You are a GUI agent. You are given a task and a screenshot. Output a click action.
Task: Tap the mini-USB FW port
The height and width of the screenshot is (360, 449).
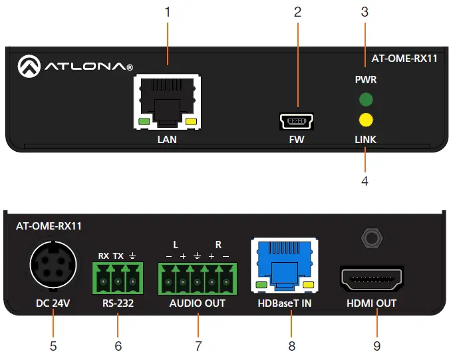pyautogui.click(x=297, y=120)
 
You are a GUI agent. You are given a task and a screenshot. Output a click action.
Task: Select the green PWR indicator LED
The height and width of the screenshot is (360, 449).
pyautogui.click(x=365, y=100)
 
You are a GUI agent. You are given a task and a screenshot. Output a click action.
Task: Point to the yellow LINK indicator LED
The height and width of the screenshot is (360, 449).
pyautogui.click(x=365, y=120)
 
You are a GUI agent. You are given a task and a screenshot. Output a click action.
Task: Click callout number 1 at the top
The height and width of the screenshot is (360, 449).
pyautogui.click(x=168, y=12)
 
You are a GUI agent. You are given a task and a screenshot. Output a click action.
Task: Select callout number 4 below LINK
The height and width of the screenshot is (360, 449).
pyautogui.click(x=365, y=180)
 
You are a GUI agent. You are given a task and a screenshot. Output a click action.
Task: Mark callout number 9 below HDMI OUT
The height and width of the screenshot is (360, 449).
pyautogui.click(x=376, y=346)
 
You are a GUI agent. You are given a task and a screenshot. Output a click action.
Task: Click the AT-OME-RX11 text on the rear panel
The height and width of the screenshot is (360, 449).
pyautogui.click(x=49, y=226)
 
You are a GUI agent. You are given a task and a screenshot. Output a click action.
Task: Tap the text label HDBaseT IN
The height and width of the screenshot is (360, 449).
pyautogui.click(x=283, y=303)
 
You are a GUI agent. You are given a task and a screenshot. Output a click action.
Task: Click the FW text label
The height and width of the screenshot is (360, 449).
pyautogui.click(x=297, y=140)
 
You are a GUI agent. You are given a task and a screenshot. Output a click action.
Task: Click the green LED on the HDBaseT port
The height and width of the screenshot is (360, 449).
pyautogui.click(x=261, y=287)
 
